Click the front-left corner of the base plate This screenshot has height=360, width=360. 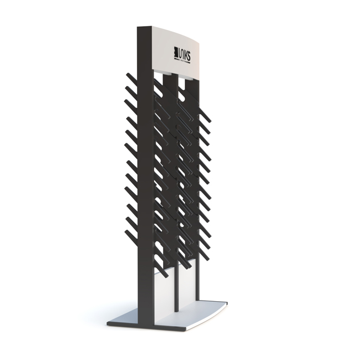click(109, 322)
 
